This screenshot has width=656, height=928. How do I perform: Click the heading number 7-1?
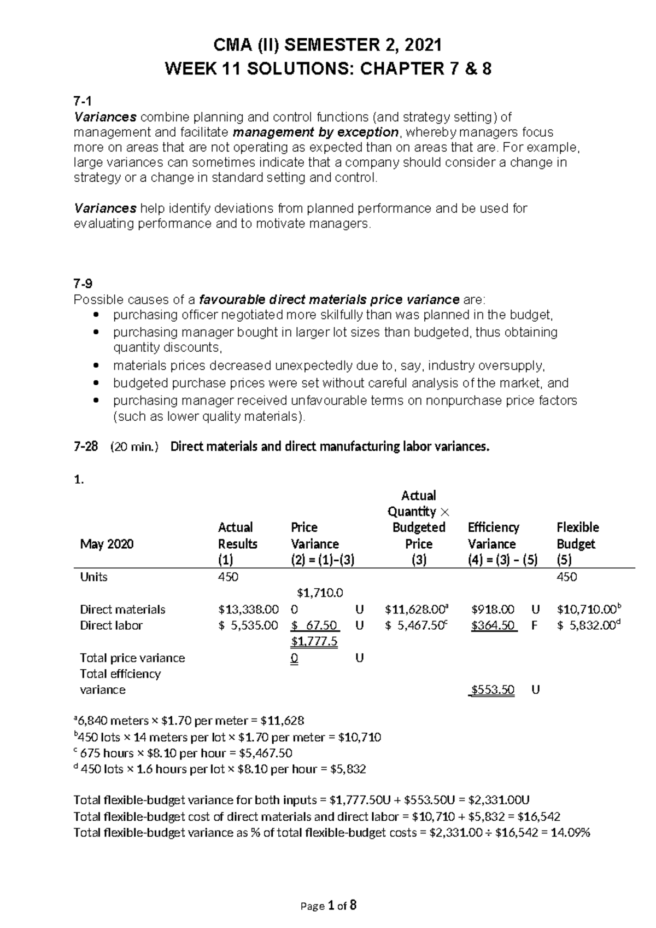click(x=83, y=101)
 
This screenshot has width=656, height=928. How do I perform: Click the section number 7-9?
click(x=83, y=283)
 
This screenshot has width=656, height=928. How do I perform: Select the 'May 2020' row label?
click(x=107, y=544)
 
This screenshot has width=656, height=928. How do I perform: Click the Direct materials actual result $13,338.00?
click(x=248, y=610)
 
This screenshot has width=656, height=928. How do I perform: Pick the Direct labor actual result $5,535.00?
click(x=248, y=625)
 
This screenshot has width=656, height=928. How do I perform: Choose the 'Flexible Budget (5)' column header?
click(x=577, y=543)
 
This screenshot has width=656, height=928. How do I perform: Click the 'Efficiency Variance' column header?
click(x=493, y=536)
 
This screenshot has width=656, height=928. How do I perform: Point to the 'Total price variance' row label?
click(x=132, y=658)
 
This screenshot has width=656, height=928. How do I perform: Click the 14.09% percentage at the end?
click(x=569, y=833)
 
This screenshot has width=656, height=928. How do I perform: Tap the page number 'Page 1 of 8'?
click(x=329, y=906)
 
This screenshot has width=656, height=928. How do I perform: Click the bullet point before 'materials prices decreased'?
click(x=97, y=366)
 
